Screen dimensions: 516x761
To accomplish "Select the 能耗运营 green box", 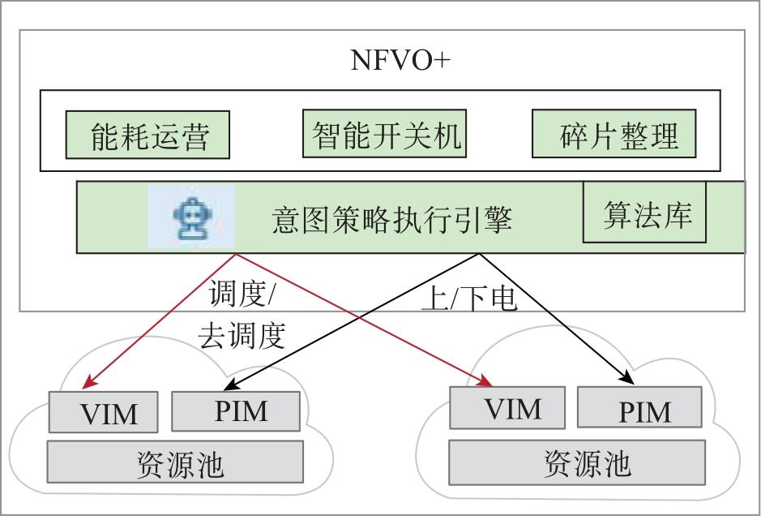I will (x=148, y=135).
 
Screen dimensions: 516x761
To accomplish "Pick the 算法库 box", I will (x=645, y=213).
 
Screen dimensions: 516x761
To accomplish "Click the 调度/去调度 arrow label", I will (x=241, y=316).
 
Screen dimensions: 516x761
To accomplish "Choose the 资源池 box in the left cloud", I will (x=175, y=462).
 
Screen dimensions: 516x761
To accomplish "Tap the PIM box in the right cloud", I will (x=639, y=407).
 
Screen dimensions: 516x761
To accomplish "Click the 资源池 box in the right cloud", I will (x=587, y=462).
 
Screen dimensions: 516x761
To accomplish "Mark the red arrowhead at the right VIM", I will (x=487, y=380).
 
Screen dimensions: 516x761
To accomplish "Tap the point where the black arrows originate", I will (x=479, y=254).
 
